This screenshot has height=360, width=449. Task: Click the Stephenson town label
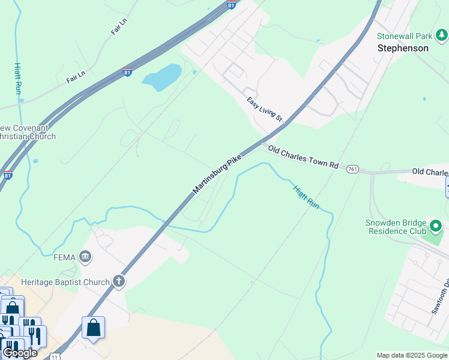403,48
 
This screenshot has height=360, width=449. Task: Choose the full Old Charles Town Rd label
303,156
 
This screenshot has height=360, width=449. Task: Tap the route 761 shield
352,169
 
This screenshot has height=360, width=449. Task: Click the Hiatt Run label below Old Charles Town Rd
306,197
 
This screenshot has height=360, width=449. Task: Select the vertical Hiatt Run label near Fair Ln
18,78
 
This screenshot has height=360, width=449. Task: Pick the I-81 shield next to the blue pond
127,72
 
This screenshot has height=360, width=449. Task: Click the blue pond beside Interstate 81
161,77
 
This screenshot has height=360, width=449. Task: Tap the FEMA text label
65,258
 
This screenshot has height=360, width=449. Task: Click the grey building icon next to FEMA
85,258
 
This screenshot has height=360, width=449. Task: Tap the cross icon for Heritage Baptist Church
119,281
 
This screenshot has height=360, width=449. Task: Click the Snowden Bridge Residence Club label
396,226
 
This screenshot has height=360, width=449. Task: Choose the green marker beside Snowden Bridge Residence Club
436,226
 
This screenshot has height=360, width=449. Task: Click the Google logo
20,353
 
